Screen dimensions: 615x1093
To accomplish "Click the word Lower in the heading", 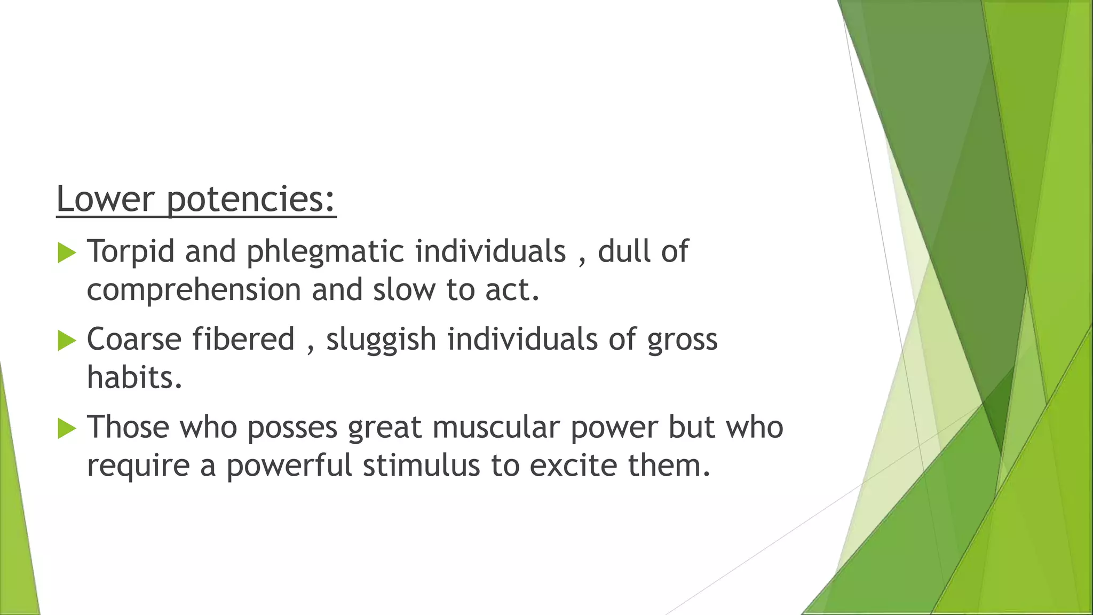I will [105, 199].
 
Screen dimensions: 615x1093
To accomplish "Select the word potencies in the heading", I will [251, 200].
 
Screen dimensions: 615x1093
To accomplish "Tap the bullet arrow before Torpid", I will [67, 253].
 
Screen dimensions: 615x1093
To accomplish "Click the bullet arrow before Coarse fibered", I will [67, 341].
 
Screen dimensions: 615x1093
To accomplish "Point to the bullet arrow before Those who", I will [67, 428].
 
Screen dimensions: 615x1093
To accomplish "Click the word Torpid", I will [131, 251].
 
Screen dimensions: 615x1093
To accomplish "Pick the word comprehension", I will [194, 290].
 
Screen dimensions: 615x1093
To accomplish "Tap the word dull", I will [624, 251].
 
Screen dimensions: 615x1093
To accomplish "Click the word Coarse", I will [134, 340].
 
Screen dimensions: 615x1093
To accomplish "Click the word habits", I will [134, 377].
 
